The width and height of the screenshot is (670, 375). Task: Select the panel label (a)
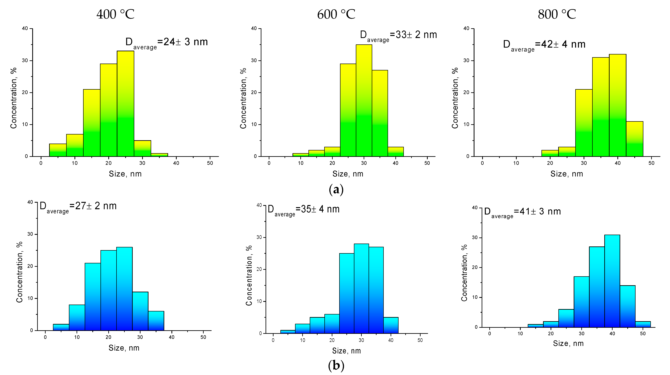coord(336,189)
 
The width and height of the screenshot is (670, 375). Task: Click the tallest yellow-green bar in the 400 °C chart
coord(125,104)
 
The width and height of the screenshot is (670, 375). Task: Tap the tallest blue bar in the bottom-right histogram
coord(612,281)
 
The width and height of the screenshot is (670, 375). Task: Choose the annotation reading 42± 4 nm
coord(544,45)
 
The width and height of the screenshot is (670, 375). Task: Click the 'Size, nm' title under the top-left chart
coord(125,174)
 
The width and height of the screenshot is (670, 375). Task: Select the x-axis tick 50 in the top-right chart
coord(651,163)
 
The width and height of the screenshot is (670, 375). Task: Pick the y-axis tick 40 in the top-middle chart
coord(254,28)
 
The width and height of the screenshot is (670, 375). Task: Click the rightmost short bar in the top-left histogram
coord(159,155)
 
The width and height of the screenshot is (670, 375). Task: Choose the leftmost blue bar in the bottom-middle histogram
coord(288,332)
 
